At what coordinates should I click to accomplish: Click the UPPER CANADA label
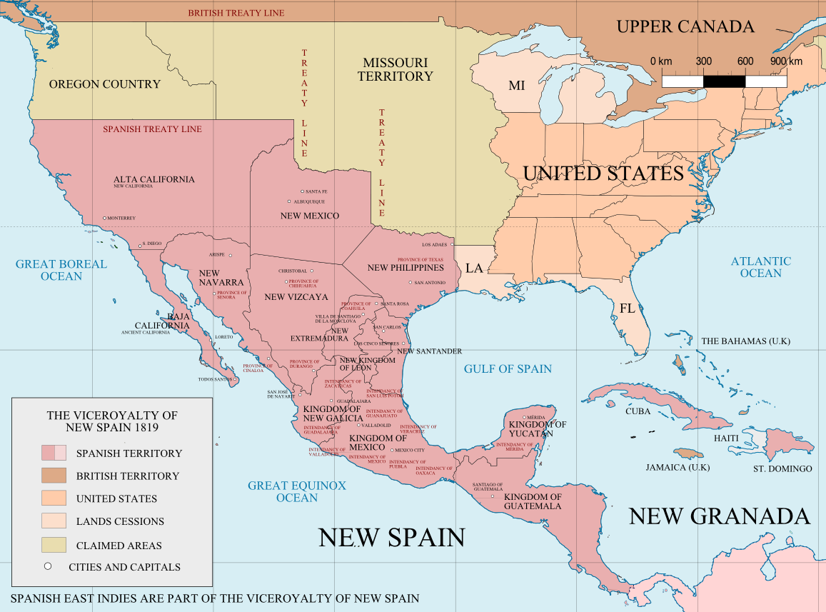(685, 27)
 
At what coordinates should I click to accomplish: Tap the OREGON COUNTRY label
(104, 84)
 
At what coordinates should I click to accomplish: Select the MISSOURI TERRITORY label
(396, 69)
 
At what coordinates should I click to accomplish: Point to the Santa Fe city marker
(303, 191)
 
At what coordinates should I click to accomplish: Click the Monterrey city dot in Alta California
(104, 218)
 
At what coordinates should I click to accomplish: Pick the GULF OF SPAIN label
(508, 368)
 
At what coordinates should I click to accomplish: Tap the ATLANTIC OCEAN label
(760, 267)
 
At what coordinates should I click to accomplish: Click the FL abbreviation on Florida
(628, 308)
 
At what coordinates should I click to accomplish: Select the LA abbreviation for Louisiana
(475, 269)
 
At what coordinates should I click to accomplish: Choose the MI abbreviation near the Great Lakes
(516, 86)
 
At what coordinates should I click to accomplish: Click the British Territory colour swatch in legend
(54, 476)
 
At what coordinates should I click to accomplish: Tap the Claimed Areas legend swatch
(54, 545)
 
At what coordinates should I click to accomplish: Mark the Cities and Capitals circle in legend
(48, 567)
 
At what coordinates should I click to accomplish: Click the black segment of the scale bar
(725, 81)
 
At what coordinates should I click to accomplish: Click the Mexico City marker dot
(391, 450)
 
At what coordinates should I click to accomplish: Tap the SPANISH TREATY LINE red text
(152, 129)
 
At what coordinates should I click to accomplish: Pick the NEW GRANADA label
(719, 516)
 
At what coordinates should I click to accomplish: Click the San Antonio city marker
(411, 282)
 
